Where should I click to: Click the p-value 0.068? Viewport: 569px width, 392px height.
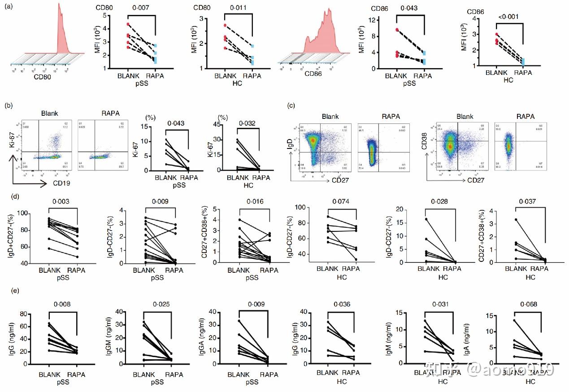click(x=530, y=305)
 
